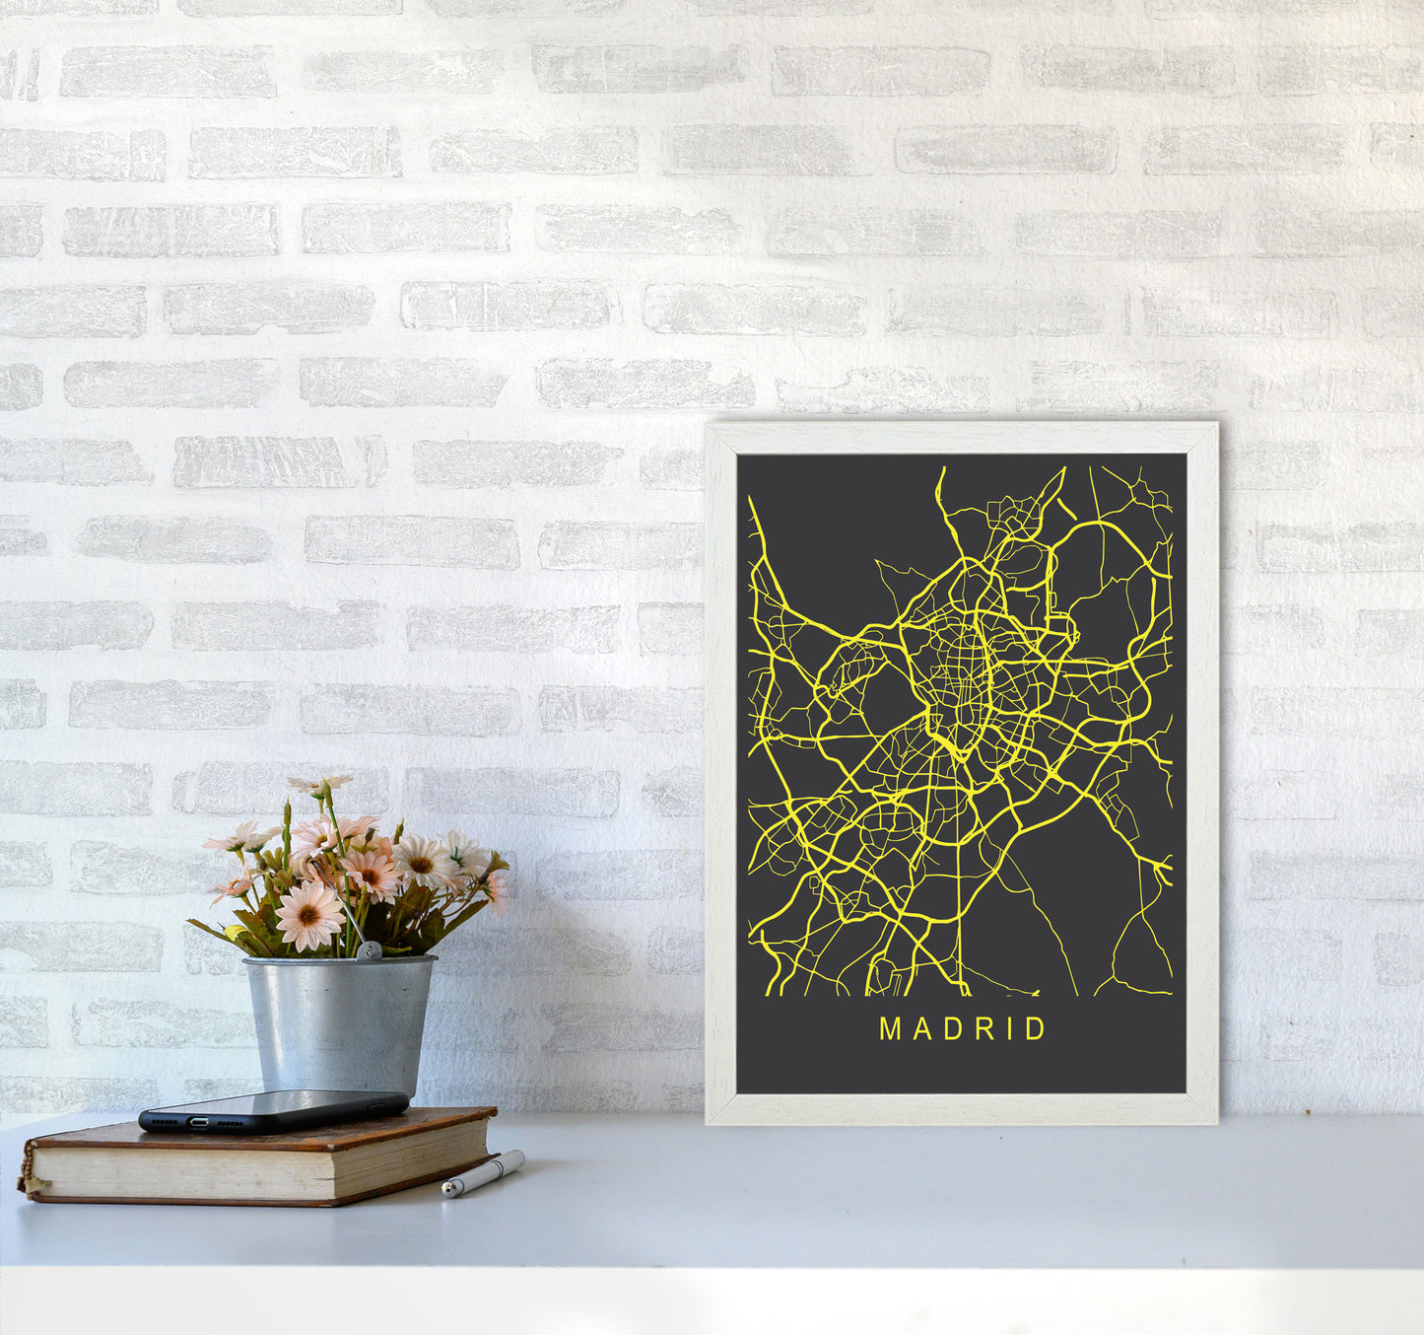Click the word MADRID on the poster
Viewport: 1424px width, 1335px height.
coord(962,1029)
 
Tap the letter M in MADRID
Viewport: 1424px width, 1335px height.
coord(889,1029)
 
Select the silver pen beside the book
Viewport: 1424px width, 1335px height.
coord(483,1173)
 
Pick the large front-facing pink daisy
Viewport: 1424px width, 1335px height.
coord(307,915)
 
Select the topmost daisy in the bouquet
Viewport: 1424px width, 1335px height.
coord(320,785)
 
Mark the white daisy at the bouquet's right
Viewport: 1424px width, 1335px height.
coord(467,854)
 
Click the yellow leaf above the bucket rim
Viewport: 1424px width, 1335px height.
coord(235,933)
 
